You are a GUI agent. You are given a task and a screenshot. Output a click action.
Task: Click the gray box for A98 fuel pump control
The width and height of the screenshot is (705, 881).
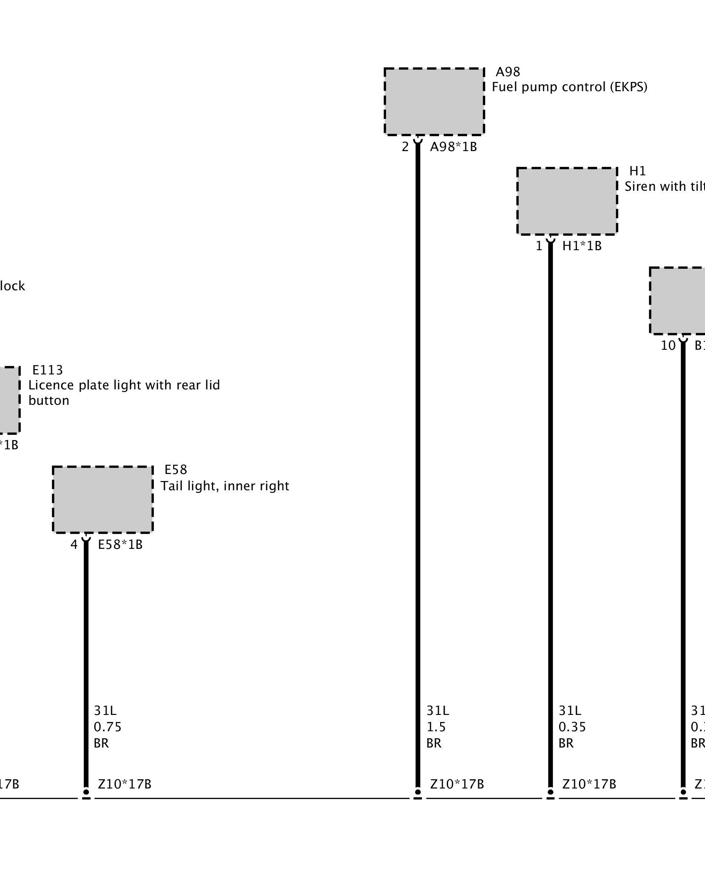434,101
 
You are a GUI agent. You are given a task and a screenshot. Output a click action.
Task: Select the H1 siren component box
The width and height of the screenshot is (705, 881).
567,201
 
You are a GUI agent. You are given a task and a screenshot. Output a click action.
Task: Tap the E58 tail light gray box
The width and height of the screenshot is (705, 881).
103,500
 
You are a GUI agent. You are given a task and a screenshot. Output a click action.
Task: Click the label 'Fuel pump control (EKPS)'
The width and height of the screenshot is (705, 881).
569,87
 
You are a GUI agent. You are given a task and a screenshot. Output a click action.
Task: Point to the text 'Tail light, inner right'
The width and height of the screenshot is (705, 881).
225,486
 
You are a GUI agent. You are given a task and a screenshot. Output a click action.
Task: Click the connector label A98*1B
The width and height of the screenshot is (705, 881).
453,147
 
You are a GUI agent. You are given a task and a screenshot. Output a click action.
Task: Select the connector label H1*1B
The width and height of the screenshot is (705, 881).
582,246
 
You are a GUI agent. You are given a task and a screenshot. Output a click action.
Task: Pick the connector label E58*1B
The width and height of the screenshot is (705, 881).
120,545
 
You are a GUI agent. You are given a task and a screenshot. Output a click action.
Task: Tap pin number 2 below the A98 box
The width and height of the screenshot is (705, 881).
405,147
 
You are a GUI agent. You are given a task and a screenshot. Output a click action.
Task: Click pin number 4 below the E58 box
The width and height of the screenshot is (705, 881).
74,545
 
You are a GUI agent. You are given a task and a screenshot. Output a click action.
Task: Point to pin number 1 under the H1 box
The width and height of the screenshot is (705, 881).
539,246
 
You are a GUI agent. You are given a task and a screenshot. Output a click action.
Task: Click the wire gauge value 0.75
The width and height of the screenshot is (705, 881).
108,727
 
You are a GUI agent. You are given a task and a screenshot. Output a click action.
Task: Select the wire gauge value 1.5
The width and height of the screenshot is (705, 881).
436,727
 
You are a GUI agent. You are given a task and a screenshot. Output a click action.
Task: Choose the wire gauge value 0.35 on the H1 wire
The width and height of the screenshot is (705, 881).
572,727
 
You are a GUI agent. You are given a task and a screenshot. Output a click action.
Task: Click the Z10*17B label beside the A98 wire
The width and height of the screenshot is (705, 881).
457,784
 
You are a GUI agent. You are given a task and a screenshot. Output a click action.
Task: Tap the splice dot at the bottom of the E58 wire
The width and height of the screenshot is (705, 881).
86,792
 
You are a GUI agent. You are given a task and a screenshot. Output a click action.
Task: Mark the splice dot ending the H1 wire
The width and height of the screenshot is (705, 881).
550,792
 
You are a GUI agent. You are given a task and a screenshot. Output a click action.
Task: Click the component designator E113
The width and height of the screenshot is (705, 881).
48,370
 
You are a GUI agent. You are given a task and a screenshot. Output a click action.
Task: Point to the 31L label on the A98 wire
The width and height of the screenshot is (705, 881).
438,711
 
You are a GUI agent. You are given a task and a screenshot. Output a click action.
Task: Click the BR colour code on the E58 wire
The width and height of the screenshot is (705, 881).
101,743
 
